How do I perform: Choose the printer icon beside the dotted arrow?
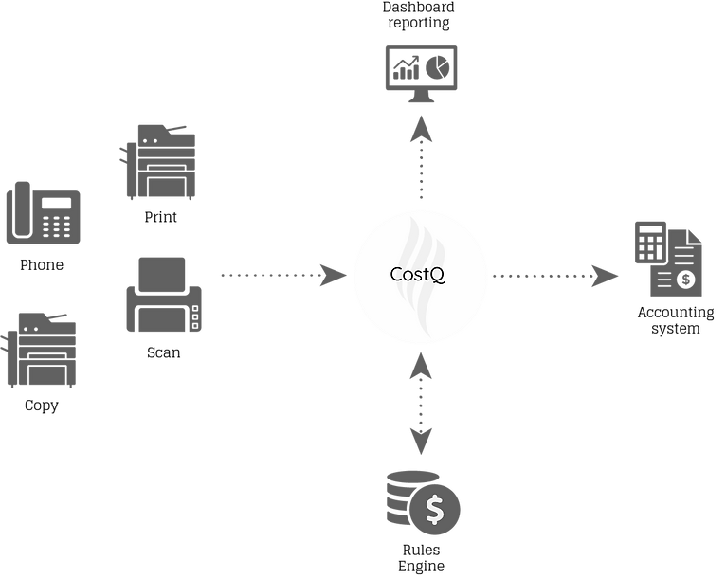[x=163, y=295]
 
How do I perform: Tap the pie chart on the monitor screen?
[x=437, y=66]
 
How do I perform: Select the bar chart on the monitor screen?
[x=406, y=68]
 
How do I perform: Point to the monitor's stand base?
[x=420, y=99]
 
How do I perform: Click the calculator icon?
[x=650, y=242]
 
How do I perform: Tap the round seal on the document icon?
[x=686, y=279]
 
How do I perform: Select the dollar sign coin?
[x=435, y=511]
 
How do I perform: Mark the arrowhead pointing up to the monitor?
[x=420, y=129]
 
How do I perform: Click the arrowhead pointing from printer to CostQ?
[x=333, y=276]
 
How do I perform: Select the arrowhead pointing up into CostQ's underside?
[x=420, y=363]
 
